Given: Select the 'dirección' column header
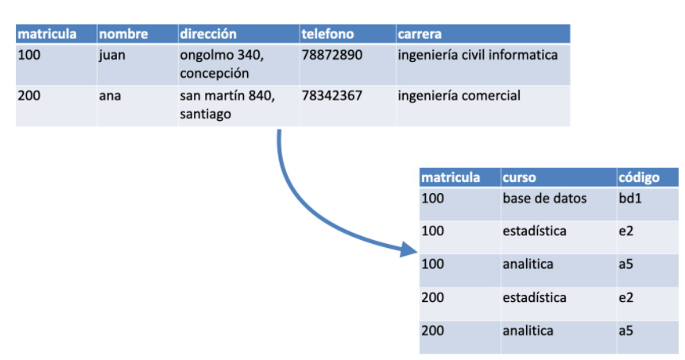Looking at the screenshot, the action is click(x=208, y=34).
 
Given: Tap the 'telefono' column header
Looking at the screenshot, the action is click(x=327, y=34).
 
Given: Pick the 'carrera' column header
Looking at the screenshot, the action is click(x=420, y=34).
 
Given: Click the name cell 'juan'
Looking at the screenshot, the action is click(x=112, y=56).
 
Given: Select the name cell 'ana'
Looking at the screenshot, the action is click(x=110, y=96).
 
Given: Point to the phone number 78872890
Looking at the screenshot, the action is click(x=332, y=56).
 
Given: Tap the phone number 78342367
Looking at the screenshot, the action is click(x=332, y=96).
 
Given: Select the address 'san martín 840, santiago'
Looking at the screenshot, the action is click(x=226, y=105).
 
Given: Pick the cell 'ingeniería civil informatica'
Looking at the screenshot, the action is click(x=477, y=56).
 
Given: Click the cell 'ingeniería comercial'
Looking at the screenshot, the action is click(x=459, y=96).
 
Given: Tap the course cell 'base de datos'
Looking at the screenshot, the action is click(x=544, y=198).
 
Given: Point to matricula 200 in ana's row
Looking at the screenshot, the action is click(x=30, y=96).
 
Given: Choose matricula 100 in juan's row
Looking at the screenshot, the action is click(x=30, y=56).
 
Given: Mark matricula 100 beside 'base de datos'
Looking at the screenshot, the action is click(x=433, y=198).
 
